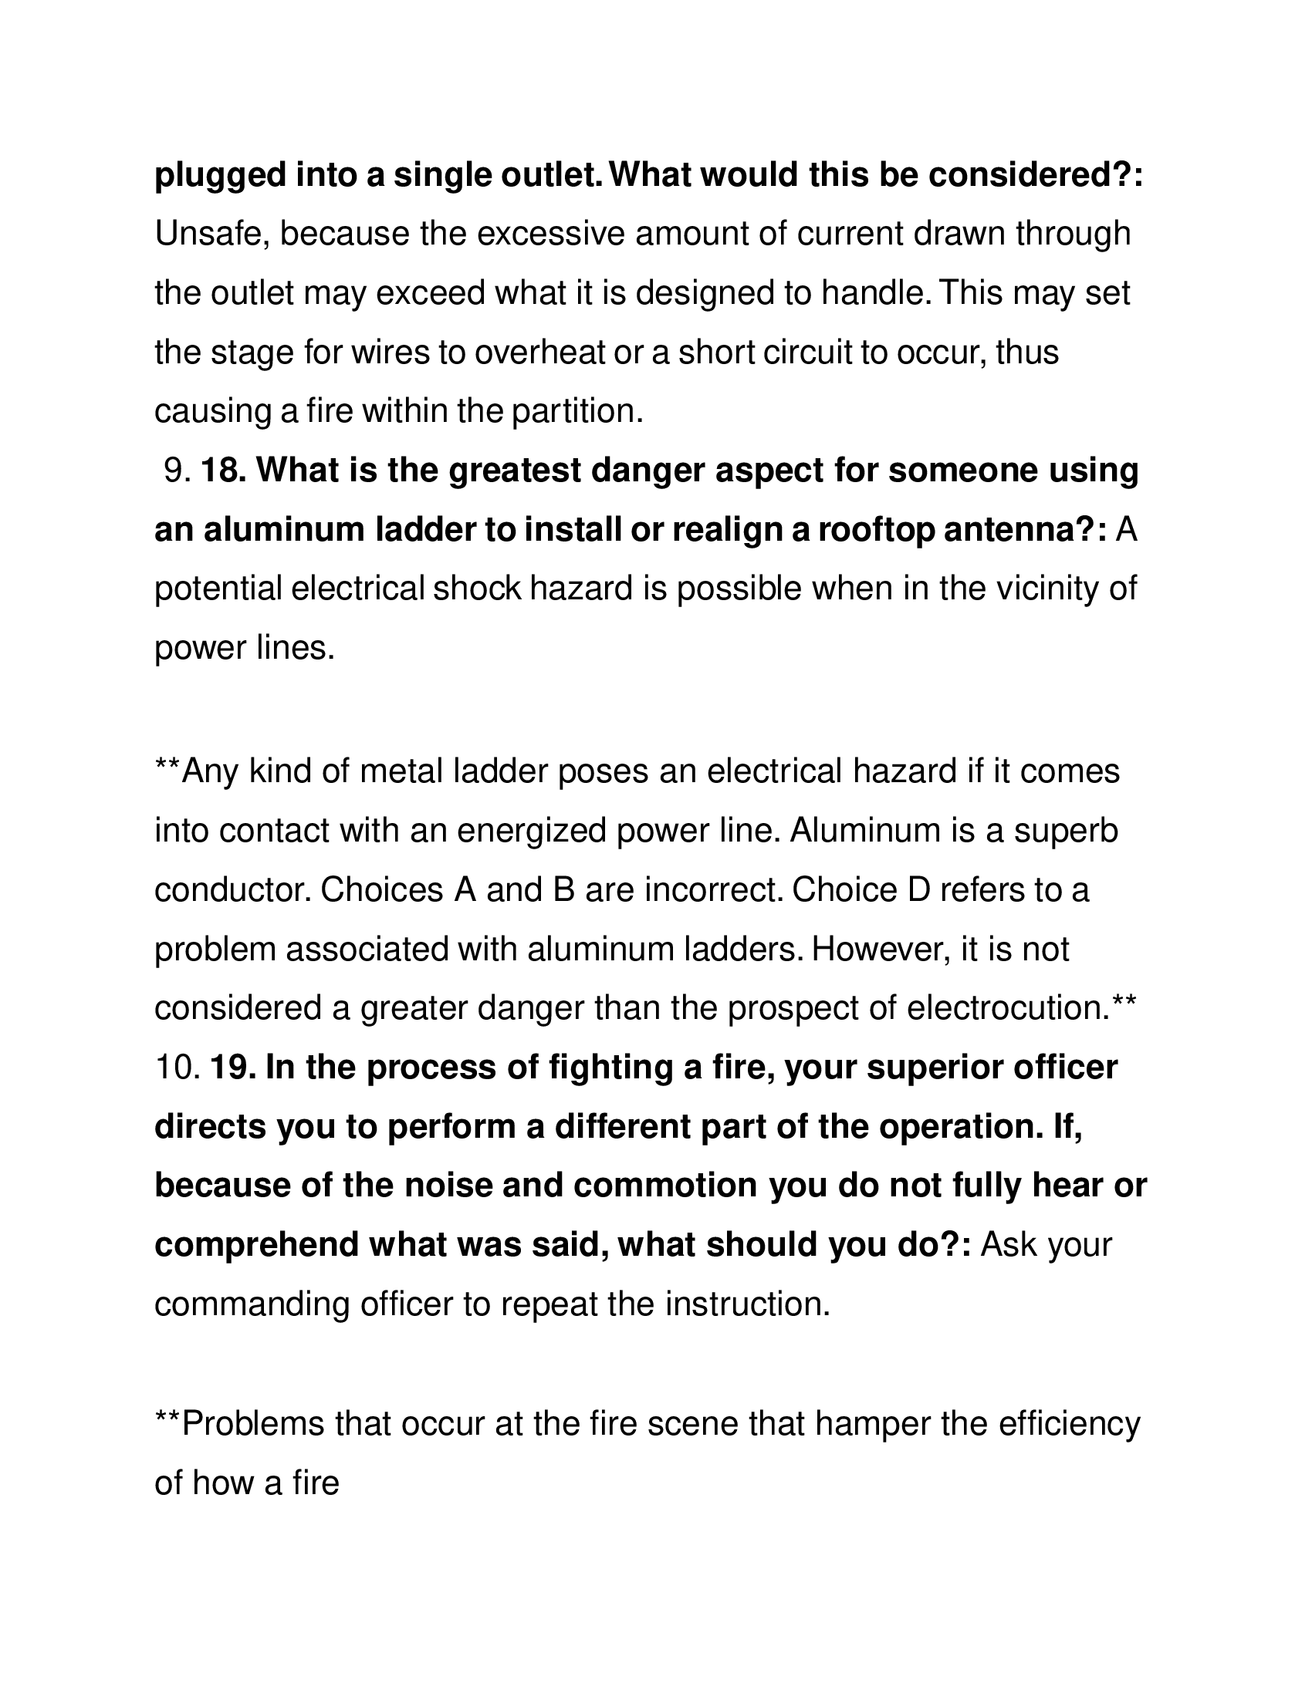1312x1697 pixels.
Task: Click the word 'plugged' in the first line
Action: pyautogui.click(x=220, y=176)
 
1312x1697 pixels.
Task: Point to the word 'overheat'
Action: pyautogui.click(x=539, y=352)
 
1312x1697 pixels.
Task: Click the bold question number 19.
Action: pyautogui.click(x=232, y=1068)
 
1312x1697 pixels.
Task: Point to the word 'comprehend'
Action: pyautogui.click(x=255, y=1245)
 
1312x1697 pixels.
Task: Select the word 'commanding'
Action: pyautogui.click(x=251, y=1304)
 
